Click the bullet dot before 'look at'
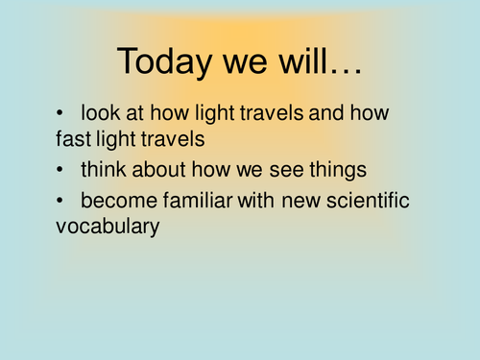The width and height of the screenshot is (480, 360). point(61,112)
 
